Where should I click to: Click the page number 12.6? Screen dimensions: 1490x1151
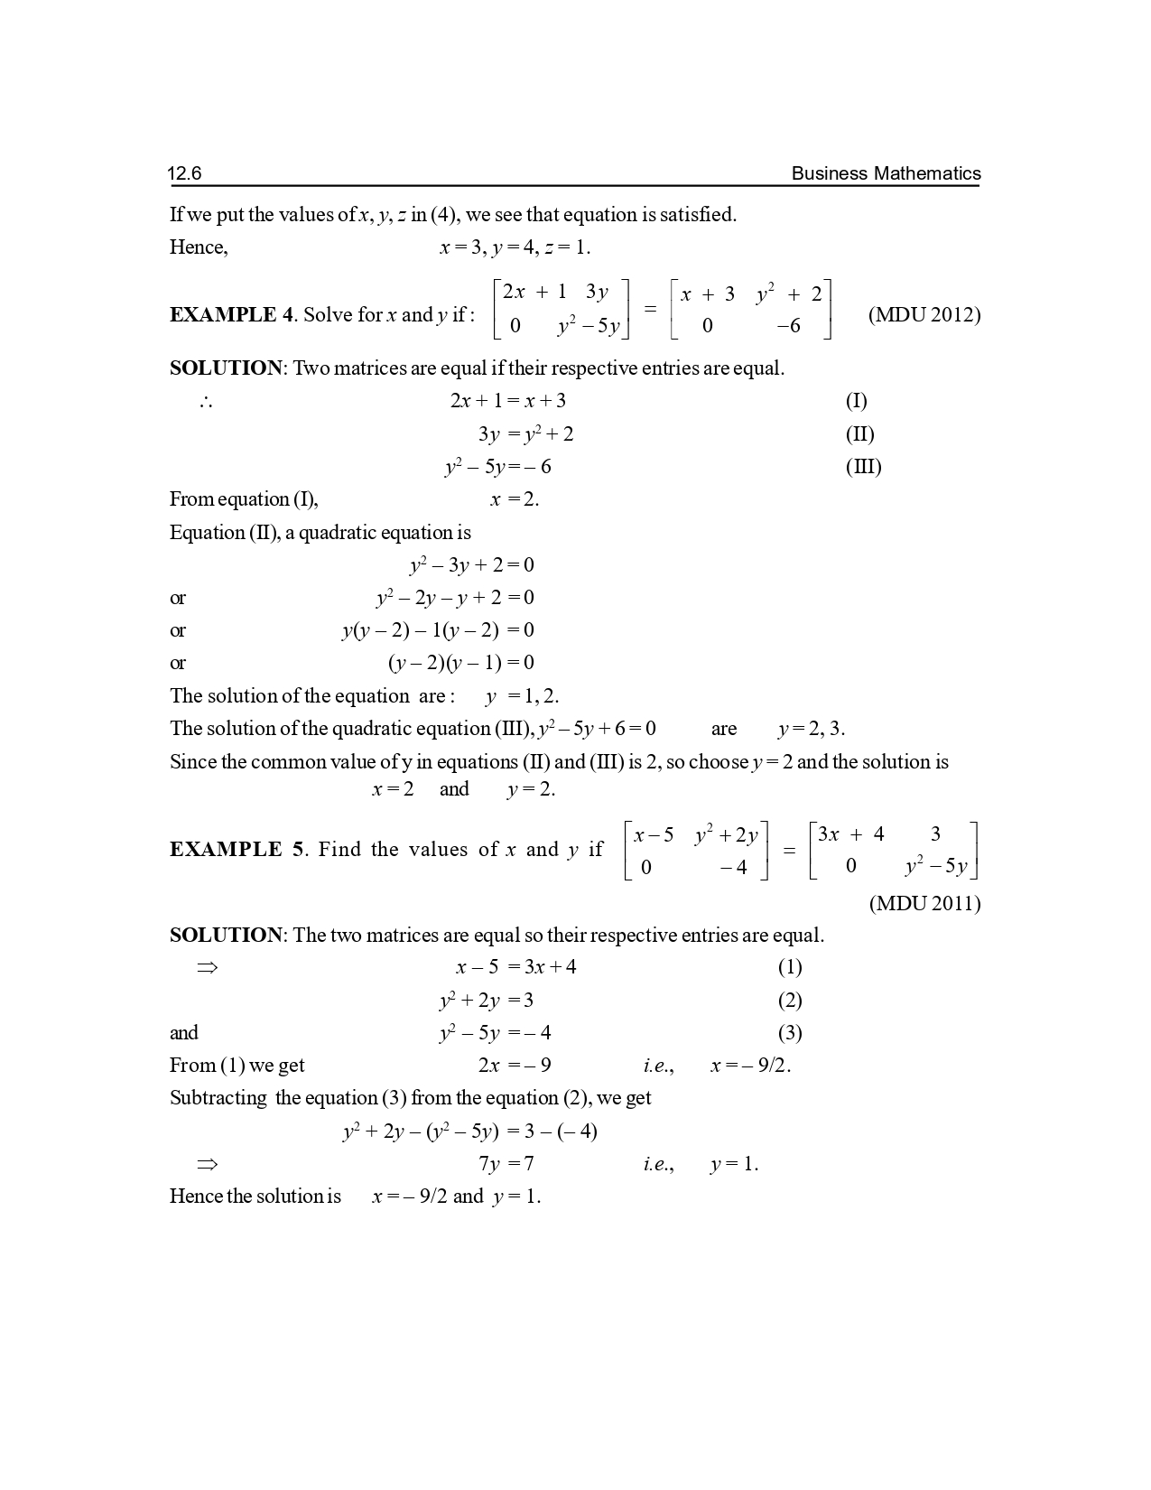184,173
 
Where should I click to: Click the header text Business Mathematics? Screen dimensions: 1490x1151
885,173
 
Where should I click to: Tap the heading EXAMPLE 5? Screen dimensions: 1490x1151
237,850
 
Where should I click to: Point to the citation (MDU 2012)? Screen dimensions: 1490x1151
924,315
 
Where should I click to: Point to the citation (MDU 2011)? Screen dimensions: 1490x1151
924,904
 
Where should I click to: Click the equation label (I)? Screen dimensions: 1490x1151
856,401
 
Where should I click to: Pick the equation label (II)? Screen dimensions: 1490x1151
859,434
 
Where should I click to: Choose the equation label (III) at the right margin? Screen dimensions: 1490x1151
863,467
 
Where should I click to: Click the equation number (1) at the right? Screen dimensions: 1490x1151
790,968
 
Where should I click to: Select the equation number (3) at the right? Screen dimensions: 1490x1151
790,1033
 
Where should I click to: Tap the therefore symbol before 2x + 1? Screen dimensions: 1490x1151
206,402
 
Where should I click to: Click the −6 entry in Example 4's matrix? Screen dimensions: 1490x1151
788,326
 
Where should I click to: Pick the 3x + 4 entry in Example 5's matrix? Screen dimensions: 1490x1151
850,834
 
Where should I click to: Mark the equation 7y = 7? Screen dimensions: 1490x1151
506,1164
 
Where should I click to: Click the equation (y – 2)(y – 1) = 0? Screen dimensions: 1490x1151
461,664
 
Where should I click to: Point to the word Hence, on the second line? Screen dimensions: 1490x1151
199,248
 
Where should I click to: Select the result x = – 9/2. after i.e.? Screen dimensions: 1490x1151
750,1066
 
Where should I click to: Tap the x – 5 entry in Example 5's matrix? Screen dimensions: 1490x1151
654,835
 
